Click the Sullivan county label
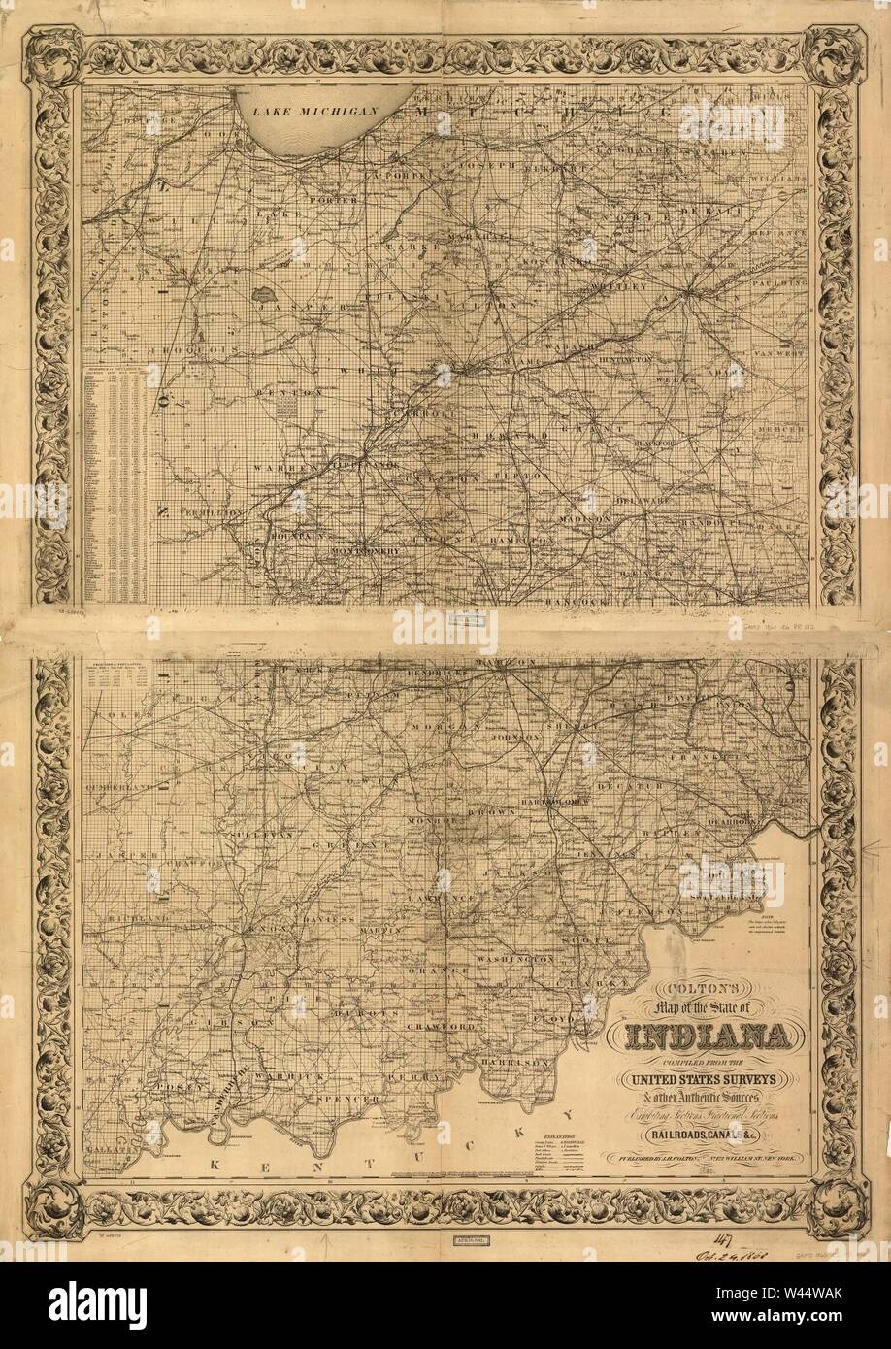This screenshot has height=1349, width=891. [257, 834]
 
